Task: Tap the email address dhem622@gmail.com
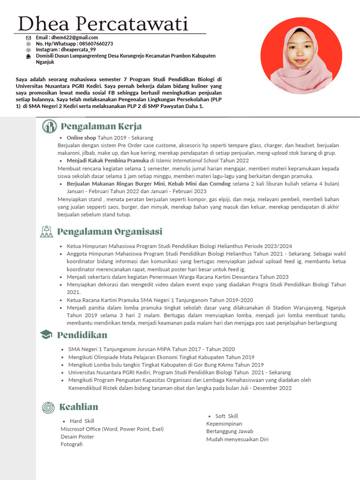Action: pyautogui.click(x=74, y=37)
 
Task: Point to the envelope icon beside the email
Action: pyautogui.click(x=29, y=37)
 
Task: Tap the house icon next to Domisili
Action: pyautogui.click(x=29, y=56)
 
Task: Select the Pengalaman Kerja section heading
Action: pyautogui.click(x=101, y=126)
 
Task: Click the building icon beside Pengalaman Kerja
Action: pyautogui.click(x=49, y=126)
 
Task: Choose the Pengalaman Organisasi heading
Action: pyautogui.click(x=110, y=232)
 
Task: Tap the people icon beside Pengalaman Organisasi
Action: pyautogui.click(x=46, y=232)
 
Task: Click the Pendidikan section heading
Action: pyautogui.click(x=82, y=335)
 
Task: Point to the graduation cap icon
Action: pyautogui.click(x=46, y=335)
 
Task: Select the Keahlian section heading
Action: pyautogui.click(x=79, y=407)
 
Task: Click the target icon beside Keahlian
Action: pyautogui.click(x=48, y=407)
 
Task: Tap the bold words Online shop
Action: pyautogui.click(x=81, y=138)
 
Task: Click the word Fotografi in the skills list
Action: pyautogui.click(x=71, y=444)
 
